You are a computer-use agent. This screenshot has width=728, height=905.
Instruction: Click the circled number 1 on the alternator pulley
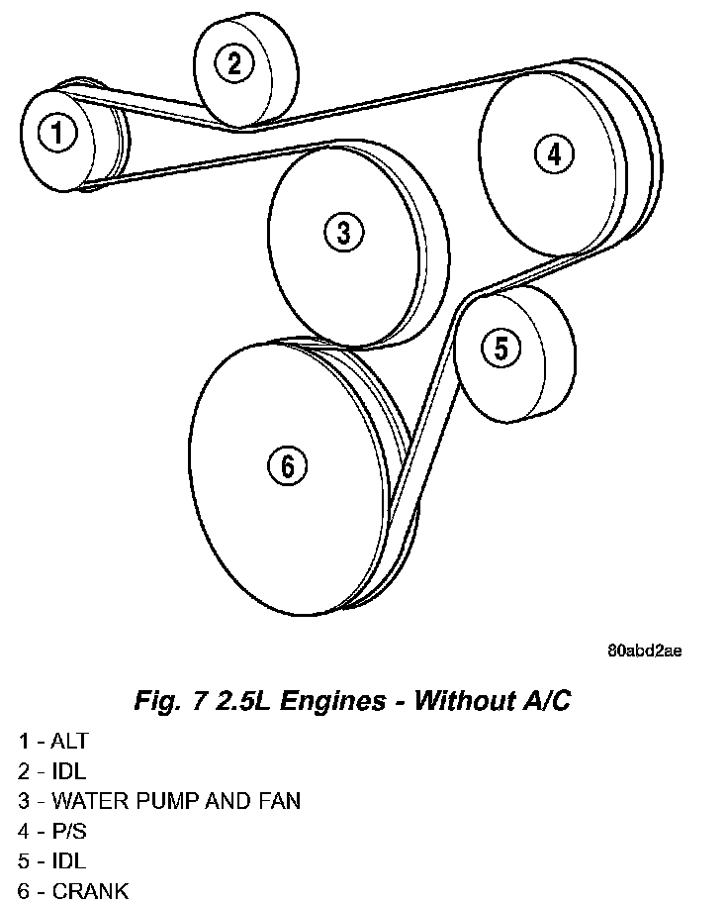[x=59, y=133]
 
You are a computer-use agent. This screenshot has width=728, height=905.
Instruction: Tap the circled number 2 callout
[x=233, y=64]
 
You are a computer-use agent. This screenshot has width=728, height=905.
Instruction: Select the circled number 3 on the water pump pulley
[x=343, y=233]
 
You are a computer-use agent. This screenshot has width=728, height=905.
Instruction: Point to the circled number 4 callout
[x=553, y=153]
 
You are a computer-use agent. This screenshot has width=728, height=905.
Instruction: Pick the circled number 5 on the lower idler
[x=500, y=348]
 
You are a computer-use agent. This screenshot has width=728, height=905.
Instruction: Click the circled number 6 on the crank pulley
[x=287, y=465]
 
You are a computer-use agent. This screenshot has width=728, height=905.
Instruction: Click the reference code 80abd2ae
[x=645, y=652]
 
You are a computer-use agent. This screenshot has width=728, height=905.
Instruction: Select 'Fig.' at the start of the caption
[x=155, y=702]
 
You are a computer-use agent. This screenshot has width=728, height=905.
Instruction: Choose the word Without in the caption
[x=460, y=702]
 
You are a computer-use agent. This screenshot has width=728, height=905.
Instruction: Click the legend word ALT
[x=70, y=741]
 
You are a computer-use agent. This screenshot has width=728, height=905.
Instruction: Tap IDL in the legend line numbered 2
[x=68, y=770]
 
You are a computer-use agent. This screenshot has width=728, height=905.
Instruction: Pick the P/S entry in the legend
[x=68, y=830]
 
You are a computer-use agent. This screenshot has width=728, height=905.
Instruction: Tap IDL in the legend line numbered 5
[x=68, y=860]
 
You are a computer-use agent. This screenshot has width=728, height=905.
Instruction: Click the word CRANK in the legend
[x=90, y=890]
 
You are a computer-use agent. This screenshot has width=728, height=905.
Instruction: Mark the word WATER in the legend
[x=84, y=800]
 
